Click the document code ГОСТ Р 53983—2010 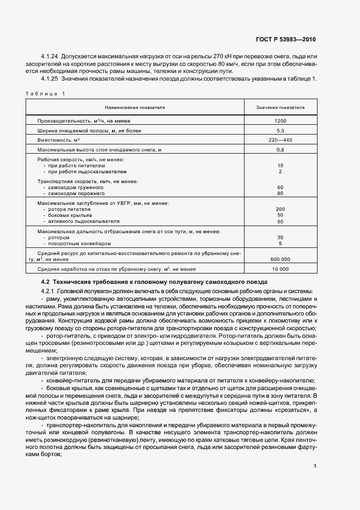285,40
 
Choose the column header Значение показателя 280,108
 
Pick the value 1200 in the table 280,120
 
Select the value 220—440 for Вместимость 280,139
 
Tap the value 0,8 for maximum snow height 280,149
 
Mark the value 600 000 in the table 280,259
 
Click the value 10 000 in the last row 280,269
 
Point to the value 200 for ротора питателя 280,209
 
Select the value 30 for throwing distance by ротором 280,238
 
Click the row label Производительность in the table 60,120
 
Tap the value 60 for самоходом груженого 280,187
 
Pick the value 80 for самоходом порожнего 280,193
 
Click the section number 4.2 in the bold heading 45,282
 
